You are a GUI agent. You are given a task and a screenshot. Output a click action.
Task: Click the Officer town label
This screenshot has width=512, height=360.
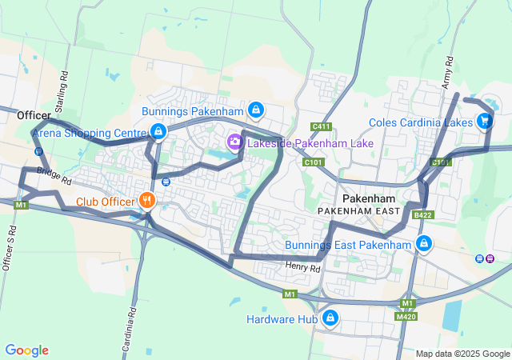pyautogui.click(x=34, y=116)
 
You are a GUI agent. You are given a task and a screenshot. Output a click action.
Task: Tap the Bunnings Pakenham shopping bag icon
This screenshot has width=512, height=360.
pyautogui.click(x=255, y=110)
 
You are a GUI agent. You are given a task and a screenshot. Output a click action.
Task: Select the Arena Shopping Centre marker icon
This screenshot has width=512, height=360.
pyautogui.click(x=158, y=131)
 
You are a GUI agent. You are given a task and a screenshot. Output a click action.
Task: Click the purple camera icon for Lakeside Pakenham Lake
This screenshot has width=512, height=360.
pyautogui.click(x=234, y=142)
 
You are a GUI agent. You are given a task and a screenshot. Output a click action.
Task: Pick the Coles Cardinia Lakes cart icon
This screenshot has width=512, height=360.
pyautogui.click(x=484, y=122)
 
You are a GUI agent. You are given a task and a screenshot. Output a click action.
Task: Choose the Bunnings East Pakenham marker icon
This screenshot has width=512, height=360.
pyautogui.click(x=423, y=243)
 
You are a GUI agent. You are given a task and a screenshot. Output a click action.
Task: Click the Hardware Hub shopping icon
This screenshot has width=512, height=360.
pyautogui.click(x=329, y=318)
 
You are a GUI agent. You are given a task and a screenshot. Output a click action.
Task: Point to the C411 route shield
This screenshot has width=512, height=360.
pyautogui.click(x=322, y=126)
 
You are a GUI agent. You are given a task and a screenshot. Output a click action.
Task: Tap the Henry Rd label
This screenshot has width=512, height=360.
pyautogui.click(x=303, y=269)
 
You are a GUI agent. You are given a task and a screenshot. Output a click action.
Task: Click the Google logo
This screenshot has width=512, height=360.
pyautogui.click(x=26, y=350)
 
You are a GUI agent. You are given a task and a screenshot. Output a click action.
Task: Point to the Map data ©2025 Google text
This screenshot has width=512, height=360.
pyautogui.click(x=462, y=354)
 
